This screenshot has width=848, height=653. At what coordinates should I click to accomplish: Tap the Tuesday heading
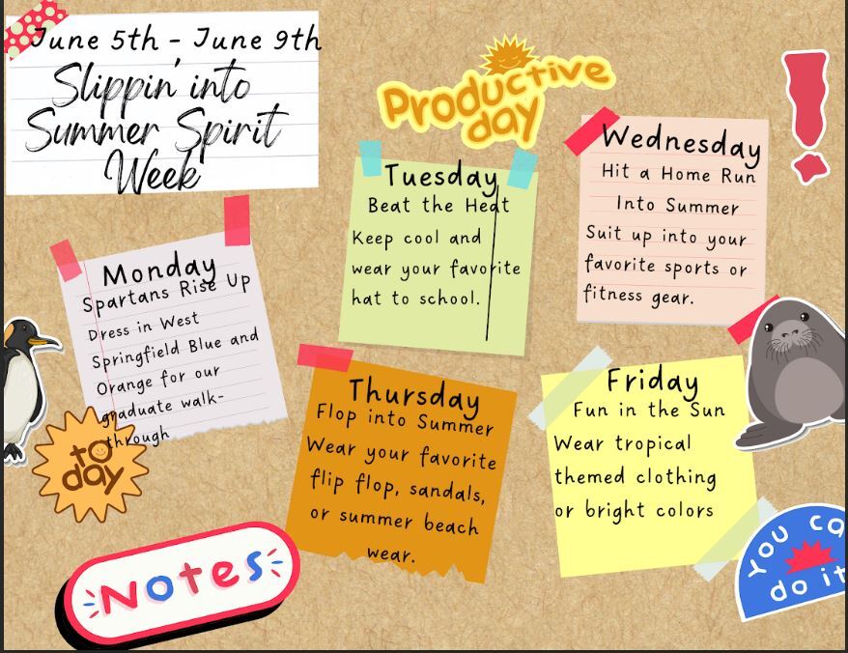click(x=440, y=176)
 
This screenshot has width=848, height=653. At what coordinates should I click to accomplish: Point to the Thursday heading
click(x=413, y=394)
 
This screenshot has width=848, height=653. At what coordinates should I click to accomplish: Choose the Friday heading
click(x=652, y=381)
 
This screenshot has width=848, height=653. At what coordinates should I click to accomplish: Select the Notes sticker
click(x=181, y=580)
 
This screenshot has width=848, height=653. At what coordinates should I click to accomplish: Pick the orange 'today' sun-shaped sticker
click(x=90, y=463)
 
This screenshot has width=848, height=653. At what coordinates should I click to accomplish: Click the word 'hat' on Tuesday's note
click(x=368, y=298)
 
